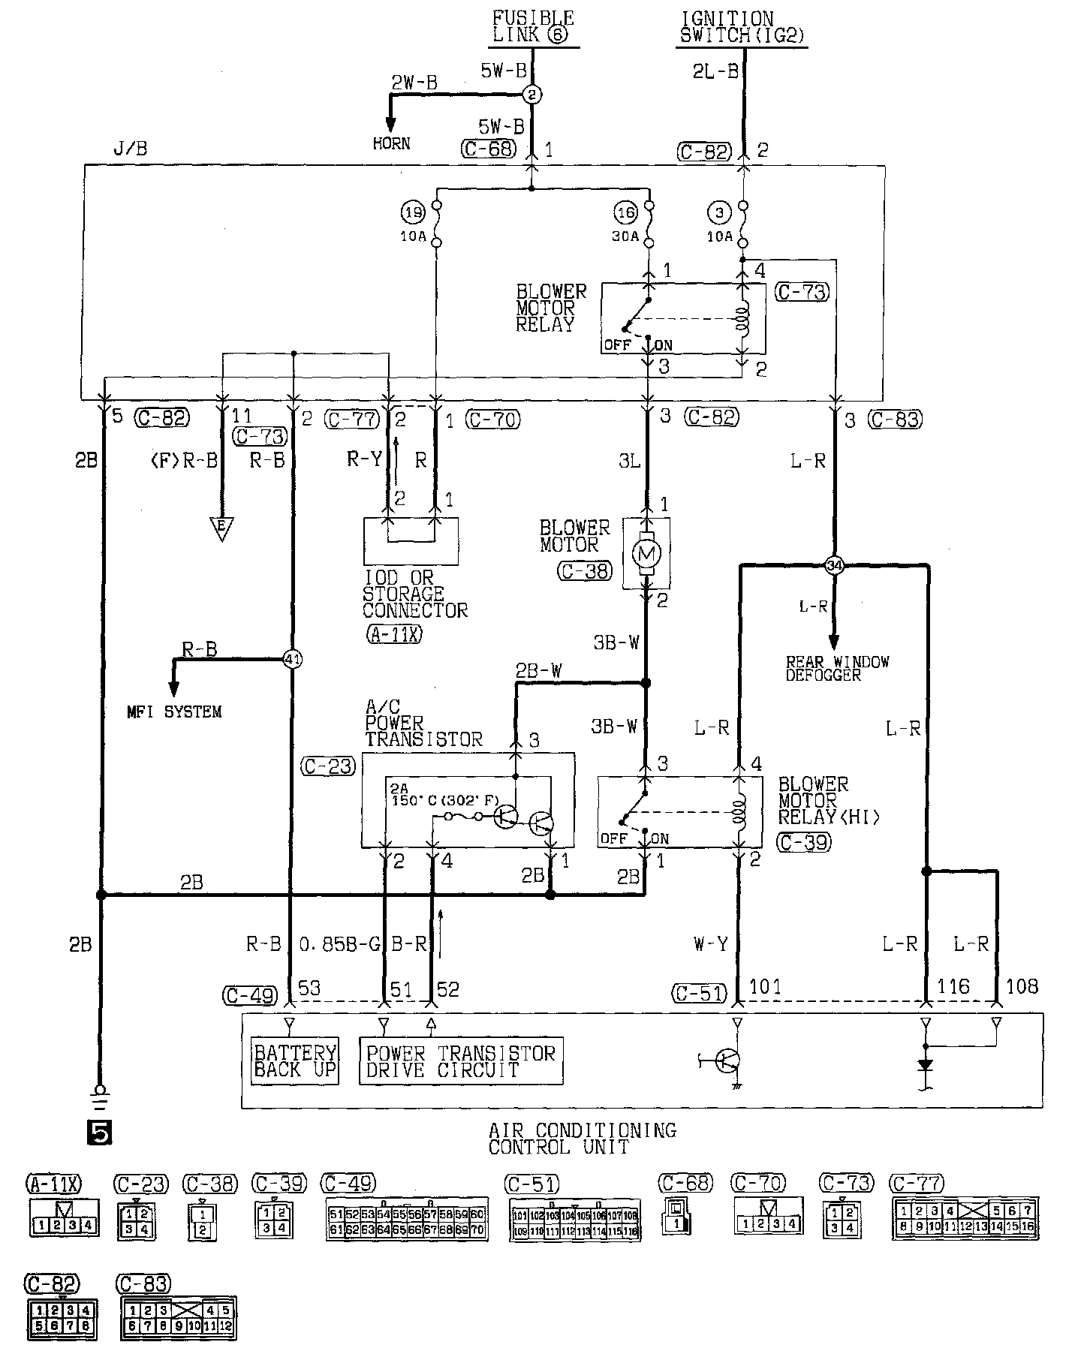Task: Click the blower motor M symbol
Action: click(646, 554)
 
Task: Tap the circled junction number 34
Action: click(834, 565)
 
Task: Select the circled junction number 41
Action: click(292, 659)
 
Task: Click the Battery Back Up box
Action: click(295, 1061)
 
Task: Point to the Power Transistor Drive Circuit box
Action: click(461, 1061)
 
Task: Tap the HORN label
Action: click(391, 143)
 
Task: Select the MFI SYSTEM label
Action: click(174, 712)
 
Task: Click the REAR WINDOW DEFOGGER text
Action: click(837, 668)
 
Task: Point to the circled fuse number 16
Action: click(626, 213)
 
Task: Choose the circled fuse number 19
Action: click(411, 213)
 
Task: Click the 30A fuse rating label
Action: click(625, 236)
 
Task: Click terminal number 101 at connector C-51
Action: click(765, 986)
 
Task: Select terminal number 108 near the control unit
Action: click(1022, 986)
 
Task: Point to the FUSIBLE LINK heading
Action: click(533, 26)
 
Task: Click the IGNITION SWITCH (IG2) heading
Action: click(742, 26)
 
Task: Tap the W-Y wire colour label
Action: click(710, 943)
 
